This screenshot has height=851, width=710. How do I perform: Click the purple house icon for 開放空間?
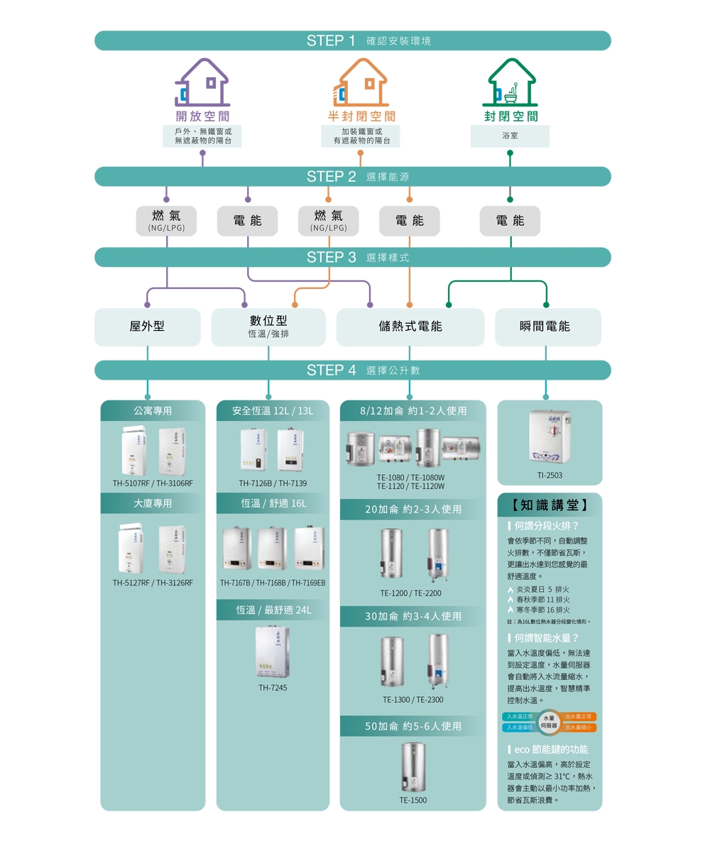(x=202, y=82)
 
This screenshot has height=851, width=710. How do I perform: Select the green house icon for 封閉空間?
(x=510, y=82)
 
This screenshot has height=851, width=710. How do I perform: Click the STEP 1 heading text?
(x=331, y=40)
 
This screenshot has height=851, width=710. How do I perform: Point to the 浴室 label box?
(x=510, y=136)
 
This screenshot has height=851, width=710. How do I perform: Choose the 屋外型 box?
(x=148, y=326)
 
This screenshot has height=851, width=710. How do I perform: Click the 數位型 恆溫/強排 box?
(x=268, y=326)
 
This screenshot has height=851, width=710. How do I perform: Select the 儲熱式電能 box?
(x=410, y=326)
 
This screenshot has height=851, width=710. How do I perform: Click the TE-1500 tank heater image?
(x=413, y=767)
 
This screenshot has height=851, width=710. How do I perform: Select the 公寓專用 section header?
(x=153, y=410)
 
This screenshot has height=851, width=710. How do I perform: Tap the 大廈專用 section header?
(x=153, y=503)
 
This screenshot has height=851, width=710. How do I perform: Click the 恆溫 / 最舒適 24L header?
(x=273, y=610)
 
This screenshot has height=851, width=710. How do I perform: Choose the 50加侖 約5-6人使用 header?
(x=413, y=726)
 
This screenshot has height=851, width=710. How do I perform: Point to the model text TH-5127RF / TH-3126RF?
(x=153, y=583)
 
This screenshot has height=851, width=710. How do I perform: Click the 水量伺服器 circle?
(x=549, y=722)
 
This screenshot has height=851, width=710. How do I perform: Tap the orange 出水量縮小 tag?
(x=580, y=728)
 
